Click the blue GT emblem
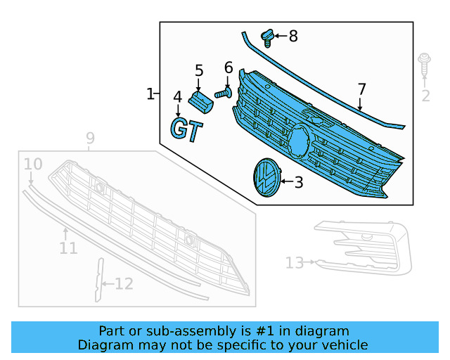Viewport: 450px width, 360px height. (x=187, y=130)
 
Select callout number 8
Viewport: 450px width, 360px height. (x=293, y=35)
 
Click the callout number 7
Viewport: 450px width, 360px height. (x=361, y=90)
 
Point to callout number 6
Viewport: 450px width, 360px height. (x=228, y=68)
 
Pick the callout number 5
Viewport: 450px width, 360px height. (x=199, y=70)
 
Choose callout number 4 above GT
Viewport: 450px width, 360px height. (x=178, y=96)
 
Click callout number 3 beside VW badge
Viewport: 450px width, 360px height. (x=298, y=183)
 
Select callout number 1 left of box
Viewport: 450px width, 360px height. (x=150, y=94)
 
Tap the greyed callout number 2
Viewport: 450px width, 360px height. (x=425, y=96)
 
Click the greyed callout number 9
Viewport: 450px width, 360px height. (x=90, y=139)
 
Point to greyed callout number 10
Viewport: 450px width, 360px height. (x=33, y=165)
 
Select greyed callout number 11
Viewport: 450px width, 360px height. (x=68, y=248)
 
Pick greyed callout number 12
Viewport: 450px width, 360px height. (x=123, y=284)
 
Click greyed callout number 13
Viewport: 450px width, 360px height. (x=295, y=263)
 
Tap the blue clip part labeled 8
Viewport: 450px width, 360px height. (x=268, y=36)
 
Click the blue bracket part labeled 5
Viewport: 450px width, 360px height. (x=200, y=101)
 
